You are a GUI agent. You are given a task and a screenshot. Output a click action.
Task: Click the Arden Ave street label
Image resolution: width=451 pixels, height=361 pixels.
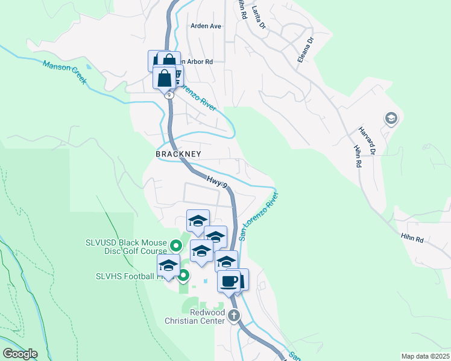(x=206, y=26)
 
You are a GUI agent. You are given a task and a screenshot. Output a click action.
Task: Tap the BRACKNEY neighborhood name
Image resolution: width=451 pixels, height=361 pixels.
(x=178, y=154)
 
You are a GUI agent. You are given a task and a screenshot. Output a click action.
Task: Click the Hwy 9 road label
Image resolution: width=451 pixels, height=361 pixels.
(x=217, y=181)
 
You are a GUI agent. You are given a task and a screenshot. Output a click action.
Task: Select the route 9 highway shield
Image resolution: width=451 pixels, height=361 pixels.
(x=168, y=94)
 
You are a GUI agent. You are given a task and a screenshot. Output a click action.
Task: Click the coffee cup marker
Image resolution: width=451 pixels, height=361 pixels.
(x=229, y=281)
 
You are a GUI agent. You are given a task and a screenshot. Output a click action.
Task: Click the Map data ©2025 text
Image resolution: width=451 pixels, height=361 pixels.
(x=425, y=356)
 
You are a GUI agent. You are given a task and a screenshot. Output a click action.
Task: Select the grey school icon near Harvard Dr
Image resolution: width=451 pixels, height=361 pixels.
(x=390, y=119)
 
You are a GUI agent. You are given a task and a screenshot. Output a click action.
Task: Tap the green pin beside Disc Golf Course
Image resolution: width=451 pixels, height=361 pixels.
(x=176, y=245)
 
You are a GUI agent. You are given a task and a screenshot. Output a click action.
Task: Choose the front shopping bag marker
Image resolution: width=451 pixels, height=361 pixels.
(x=164, y=78)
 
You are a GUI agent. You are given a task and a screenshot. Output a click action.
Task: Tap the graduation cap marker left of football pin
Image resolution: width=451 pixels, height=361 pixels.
(x=168, y=265)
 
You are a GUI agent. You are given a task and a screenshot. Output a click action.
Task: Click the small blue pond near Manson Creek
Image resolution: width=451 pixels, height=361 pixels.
(x=89, y=67)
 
